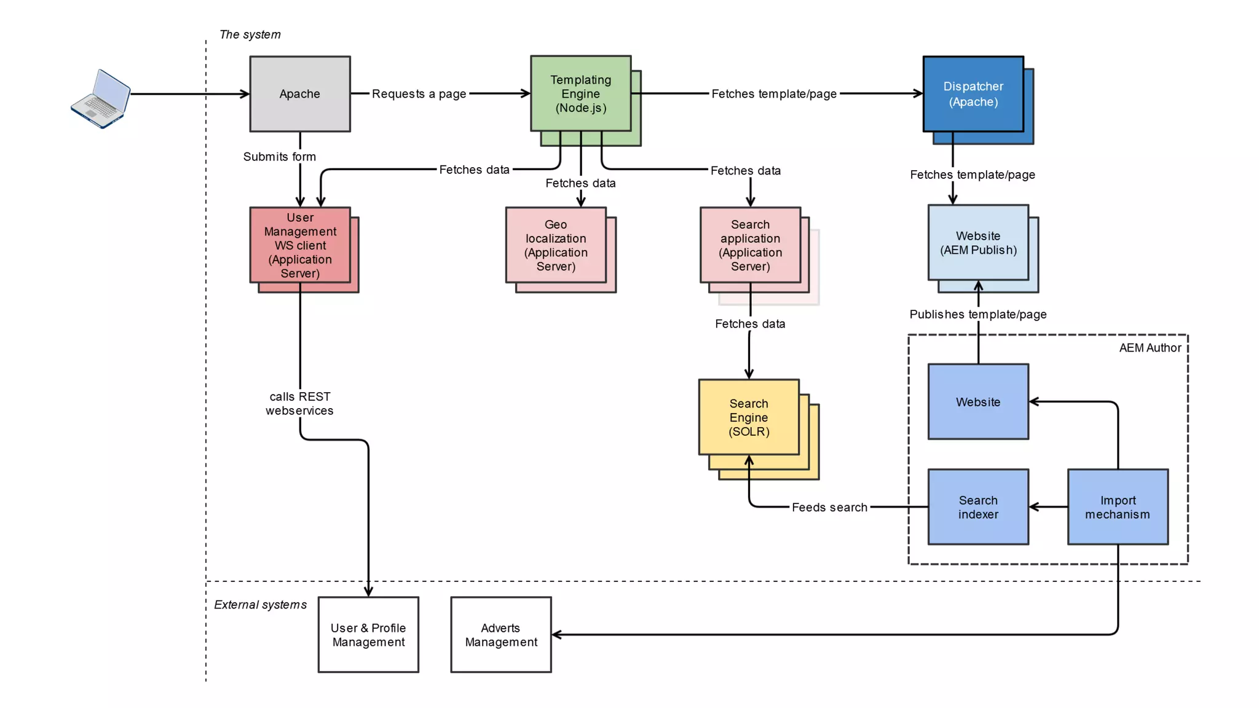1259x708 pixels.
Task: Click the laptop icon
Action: click(101, 98)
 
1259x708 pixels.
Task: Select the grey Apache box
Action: click(300, 94)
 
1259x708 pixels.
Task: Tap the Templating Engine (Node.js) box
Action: click(581, 94)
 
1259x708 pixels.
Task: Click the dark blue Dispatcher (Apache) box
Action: click(973, 94)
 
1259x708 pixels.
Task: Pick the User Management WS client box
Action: click(300, 245)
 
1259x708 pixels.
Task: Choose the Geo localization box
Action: click(556, 245)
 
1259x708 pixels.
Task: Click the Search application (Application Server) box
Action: click(750, 245)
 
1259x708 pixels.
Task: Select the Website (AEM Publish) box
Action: click(978, 243)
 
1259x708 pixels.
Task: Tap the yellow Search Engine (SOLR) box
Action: click(749, 417)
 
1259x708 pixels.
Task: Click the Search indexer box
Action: click(978, 507)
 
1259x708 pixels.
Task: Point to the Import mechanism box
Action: click(1118, 507)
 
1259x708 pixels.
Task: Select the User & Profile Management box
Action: click(368, 635)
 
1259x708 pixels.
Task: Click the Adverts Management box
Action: click(501, 635)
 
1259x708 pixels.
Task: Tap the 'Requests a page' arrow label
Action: click(419, 94)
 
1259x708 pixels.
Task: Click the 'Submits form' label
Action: click(280, 157)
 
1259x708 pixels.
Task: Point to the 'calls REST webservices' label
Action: click(299, 404)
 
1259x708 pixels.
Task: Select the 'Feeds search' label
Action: click(829, 507)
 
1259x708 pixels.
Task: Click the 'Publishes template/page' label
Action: click(977, 314)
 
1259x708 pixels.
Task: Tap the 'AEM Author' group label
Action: click(1150, 348)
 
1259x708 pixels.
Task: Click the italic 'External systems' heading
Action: click(260, 605)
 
